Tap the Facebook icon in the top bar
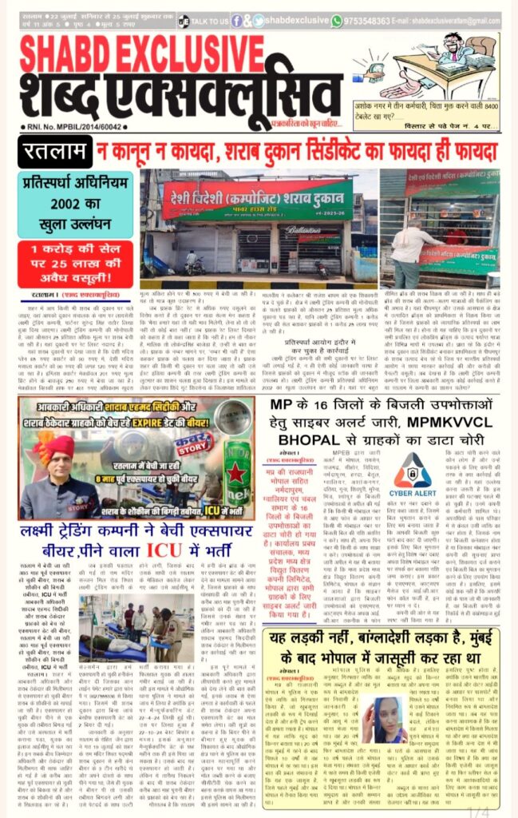pyautogui.click(x=236, y=21)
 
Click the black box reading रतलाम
pyautogui.click(x=54, y=151)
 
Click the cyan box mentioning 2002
pyautogui.click(x=64, y=192)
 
